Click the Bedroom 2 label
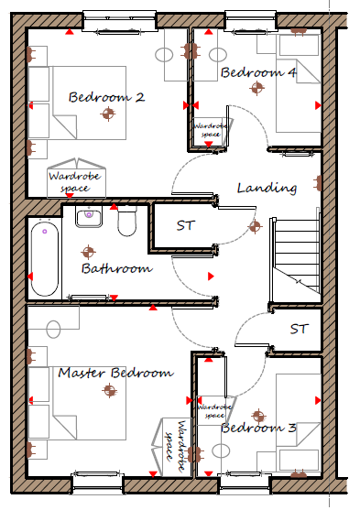(x=107, y=97)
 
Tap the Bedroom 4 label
(x=258, y=72)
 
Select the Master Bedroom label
(x=115, y=373)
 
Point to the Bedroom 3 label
(x=258, y=428)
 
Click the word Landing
(x=267, y=189)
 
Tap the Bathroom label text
(x=117, y=268)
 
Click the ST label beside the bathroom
(x=186, y=225)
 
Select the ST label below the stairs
(x=300, y=329)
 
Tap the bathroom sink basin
(x=89, y=216)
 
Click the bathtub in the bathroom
(x=45, y=257)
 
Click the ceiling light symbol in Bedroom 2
(x=108, y=114)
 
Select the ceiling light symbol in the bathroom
(x=88, y=252)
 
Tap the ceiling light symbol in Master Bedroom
(x=109, y=390)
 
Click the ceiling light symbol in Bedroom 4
(x=256, y=88)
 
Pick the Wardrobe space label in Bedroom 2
(x=74, y=182)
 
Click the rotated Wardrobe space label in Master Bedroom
(x=176, y=446)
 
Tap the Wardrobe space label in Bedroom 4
(x=211, y=130)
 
